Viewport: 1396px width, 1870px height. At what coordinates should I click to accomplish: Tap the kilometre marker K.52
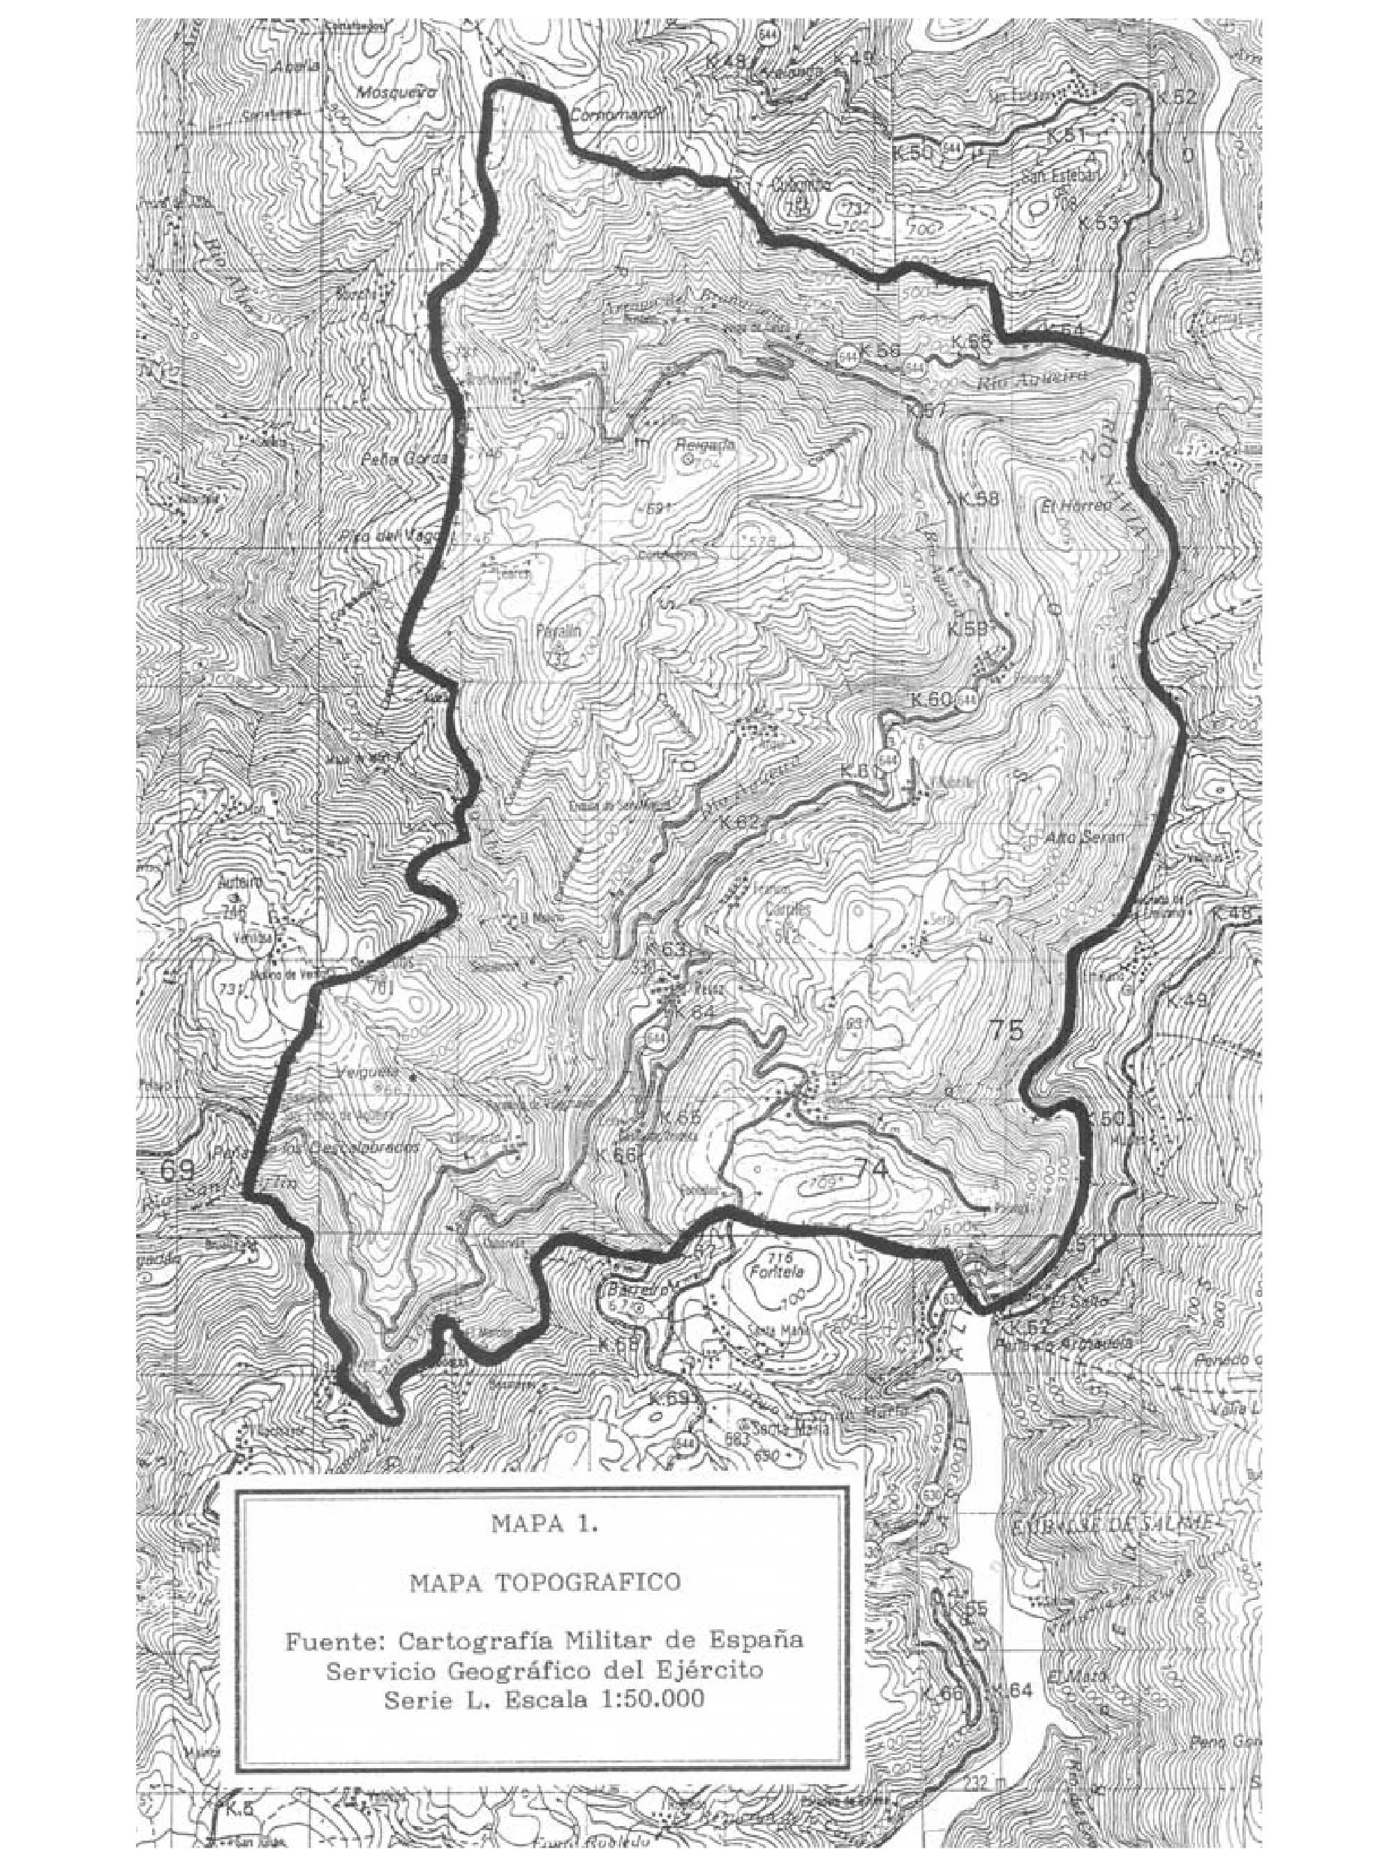click(x=1175, y=97)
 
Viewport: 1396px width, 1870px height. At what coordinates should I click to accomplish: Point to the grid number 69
click(x=177, y=1171)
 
